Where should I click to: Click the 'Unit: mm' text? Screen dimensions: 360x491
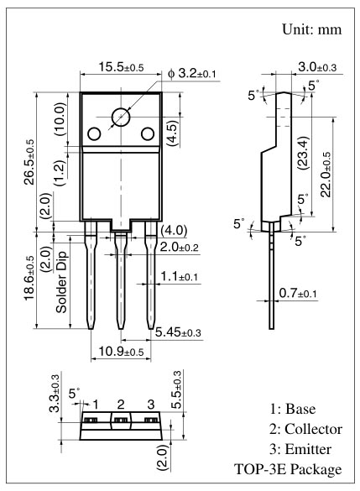click(312, 29)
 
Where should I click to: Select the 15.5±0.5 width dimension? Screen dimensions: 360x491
click(121, 67)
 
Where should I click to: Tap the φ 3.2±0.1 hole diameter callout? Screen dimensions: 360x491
click(192, 74)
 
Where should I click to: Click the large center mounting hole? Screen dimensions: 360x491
click(121, 118)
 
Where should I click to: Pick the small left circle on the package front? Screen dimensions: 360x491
click(94, 134)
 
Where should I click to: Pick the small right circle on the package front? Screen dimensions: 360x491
click(148, 134)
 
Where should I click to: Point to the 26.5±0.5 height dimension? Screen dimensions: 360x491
click(29, 162)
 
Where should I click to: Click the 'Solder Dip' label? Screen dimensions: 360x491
click(61, 282)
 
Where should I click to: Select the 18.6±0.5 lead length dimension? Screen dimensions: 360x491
click(29, 279)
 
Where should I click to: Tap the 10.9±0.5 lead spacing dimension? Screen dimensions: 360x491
click(121, 352)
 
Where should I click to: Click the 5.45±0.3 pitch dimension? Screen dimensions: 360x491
click(178, 332)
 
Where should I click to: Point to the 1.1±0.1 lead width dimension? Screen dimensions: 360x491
click(179, 276)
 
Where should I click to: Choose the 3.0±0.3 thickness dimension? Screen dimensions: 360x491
click(317, 66)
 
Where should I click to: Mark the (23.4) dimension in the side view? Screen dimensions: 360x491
click(303, 153)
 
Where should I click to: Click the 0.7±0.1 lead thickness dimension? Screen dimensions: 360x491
click(298, 294)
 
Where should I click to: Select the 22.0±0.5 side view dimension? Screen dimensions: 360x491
click(326, 175)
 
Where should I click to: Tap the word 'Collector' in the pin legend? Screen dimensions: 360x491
click(313, 429)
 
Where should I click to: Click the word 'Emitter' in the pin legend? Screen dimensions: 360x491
click(308, 449)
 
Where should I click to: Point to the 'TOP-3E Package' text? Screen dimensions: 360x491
click(288, 469)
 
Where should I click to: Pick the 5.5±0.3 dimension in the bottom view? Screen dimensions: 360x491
click(177, 389)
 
